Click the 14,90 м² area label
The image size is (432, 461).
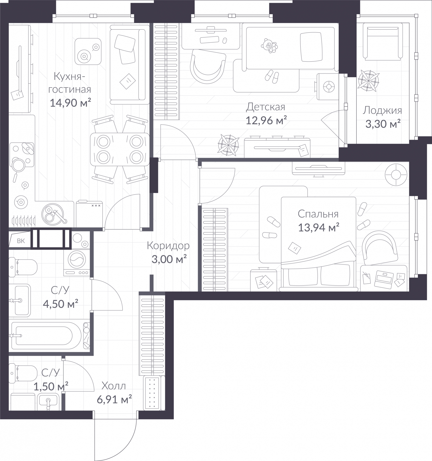coord(70,103)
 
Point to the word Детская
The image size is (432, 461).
coord(265,107)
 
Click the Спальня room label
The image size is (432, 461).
coord(318,214)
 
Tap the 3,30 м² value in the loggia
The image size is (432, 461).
coord(383,124)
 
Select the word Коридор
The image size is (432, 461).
coord(168,246)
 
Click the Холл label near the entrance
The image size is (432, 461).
coord(114,386)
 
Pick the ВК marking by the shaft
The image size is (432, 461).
coord(21,241)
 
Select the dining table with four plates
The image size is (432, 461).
coord(120,149)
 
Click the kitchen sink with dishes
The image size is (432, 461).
coord(54,214)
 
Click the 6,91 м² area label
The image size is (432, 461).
coord(114,399)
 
